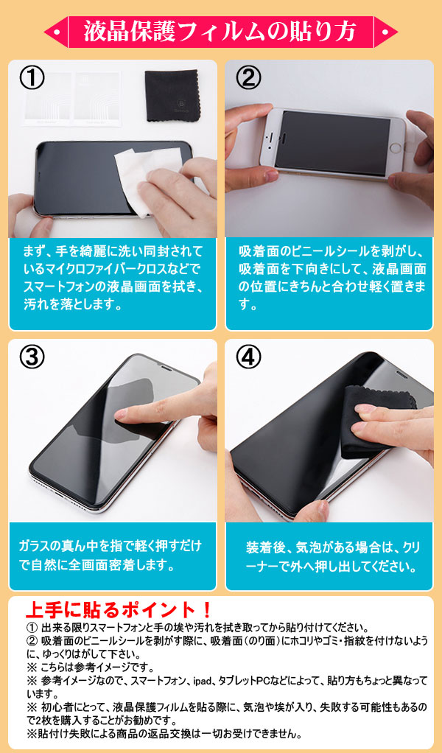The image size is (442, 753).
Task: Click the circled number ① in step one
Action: pyautogui.click(x=32, y=79)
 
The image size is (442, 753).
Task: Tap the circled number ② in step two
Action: pyautogui.click(x=249, y=79)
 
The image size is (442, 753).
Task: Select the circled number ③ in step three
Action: pyautogui.click(x=32, y=357)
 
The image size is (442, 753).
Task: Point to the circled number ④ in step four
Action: pyautogui.click(x=249, y=357)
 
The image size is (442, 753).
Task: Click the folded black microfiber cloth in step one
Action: pyautogui.click(x=172, y=96)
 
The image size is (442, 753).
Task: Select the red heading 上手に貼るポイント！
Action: pyautogui.click(x=118, y=610)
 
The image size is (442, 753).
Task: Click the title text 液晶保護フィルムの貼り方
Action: pyautogui.click(x=220, y=32)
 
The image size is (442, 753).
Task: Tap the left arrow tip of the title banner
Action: pyautogui.click(x=45, y=32)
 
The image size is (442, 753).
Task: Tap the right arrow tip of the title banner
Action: pyautogui.click(x=397, y=32)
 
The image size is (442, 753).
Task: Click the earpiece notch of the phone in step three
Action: pyautogui.click(x=166, y=367)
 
